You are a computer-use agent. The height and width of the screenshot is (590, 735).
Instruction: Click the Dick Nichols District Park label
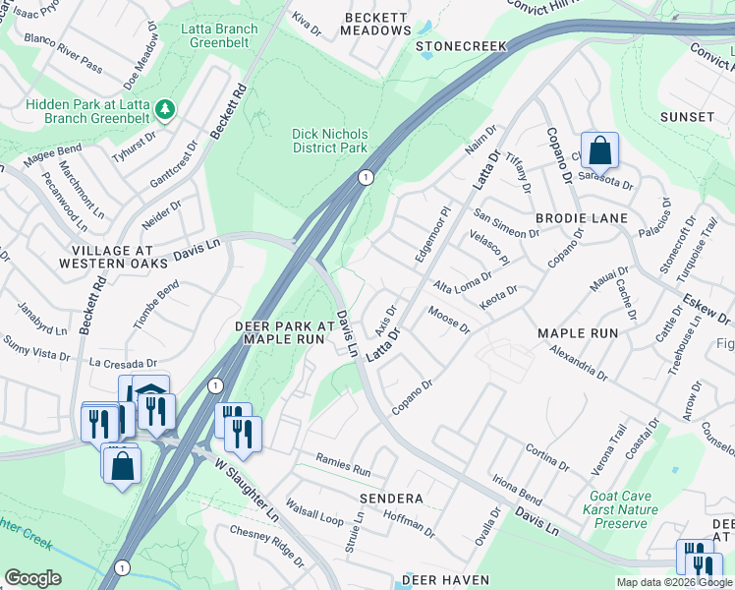coord(329,141)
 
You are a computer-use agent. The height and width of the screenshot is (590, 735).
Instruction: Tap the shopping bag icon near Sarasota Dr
coord(599,151)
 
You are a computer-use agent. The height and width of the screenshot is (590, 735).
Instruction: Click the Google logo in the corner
coord(32,578)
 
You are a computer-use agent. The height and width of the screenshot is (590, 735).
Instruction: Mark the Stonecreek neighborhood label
coord(460,46)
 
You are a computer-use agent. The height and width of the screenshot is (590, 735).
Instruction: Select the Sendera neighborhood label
coord(390,499)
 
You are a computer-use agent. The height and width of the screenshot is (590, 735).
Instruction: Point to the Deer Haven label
coord(445,580)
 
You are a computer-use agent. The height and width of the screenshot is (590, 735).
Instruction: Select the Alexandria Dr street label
coord(579,360)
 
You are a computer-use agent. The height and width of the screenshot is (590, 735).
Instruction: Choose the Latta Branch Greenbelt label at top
coord(220,36)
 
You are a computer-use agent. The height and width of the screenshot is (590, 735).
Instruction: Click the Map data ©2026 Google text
coord(673,582)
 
